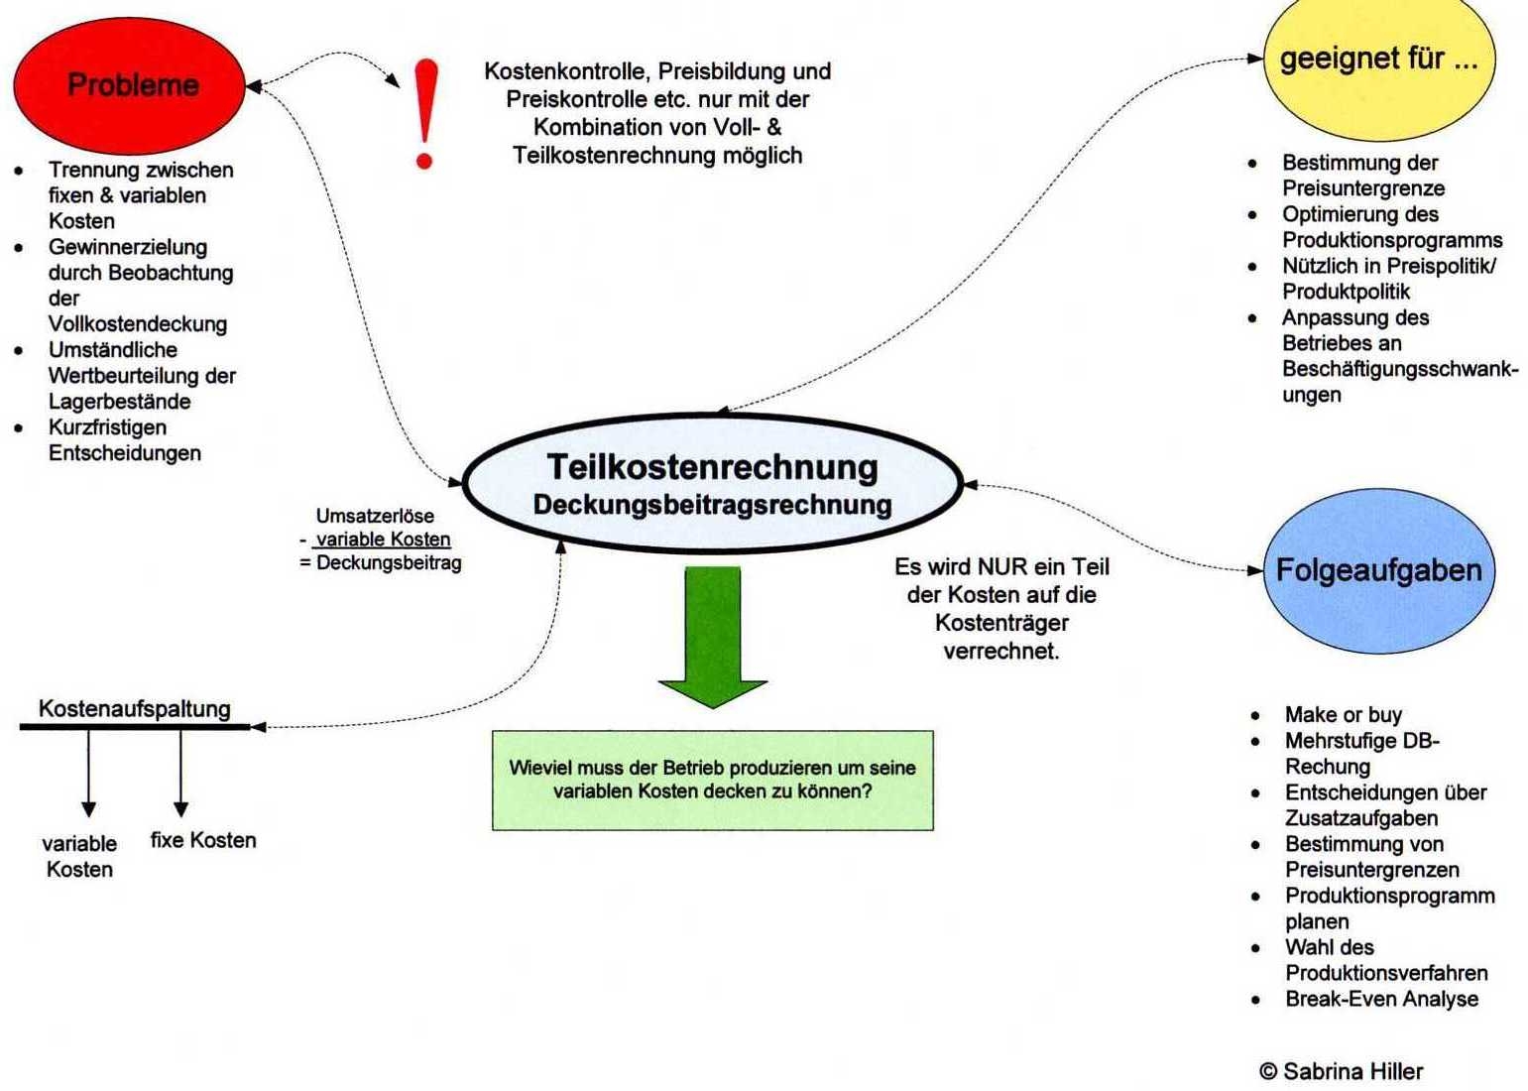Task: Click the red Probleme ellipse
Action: (x=129, y=85)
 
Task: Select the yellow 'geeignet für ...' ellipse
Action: (x=1378, y=61)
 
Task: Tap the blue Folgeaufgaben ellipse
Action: (x=1378, y=570)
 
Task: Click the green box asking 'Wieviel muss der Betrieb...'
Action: (x=712, y=780)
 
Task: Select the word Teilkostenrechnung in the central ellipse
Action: (x=712, y=467)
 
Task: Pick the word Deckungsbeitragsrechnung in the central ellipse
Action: (x=712, y=505)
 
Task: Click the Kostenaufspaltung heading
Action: (x=135, y=709)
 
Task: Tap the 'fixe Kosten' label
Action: (x=203, y=840)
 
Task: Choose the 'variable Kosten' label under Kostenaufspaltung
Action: (x=79, y=856)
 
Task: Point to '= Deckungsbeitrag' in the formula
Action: (x=381, y=563)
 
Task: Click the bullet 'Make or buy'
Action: (x=1343, y=715)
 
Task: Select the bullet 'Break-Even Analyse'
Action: (x=1381, y=999)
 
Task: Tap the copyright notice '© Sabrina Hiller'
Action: (x=1341, y=1071)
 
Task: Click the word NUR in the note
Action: (x=1003, y=567)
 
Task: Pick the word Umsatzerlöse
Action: (x=375, y=516)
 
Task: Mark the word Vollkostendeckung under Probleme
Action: (x=138, y=324)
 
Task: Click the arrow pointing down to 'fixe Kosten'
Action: (x=180, y=774)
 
